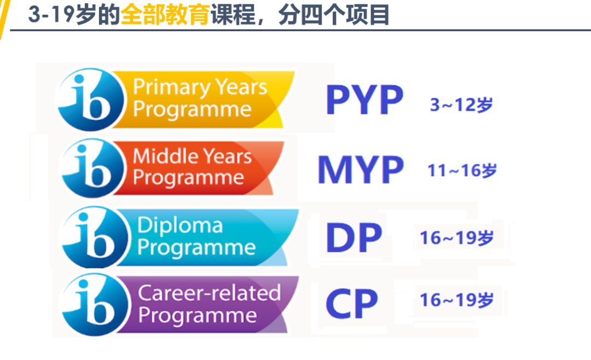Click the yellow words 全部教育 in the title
(x=165, y=15)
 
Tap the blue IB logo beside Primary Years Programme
(x=90, y=100)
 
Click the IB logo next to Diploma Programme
(x=94, y=237)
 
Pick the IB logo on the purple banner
(x=94, y=304)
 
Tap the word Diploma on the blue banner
(x=180, y=226)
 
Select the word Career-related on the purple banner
(x=210, y=293)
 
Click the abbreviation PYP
(x=364, y=100)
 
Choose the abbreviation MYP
(x=361, y=170)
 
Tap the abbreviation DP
(x=354, y=237)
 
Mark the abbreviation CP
(x=352, y=304)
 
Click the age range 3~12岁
(x=461, y=104)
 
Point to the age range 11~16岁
(x=462, y=170)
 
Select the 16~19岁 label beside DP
(x=457, y=238)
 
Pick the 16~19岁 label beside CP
(x=457, y=300)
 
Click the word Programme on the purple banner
(x=198, y=315)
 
